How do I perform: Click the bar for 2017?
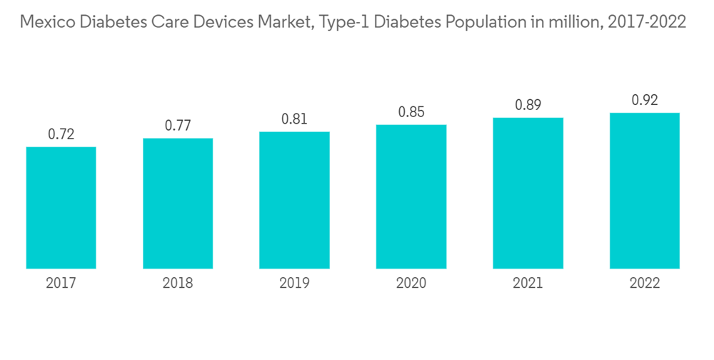tap(61, 208)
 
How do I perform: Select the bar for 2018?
tap(178, 204)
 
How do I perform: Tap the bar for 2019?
tap(294, 200)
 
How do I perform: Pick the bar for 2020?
tap(411, 197)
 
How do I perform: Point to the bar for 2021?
tap(528, 194)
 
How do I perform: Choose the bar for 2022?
tap(645, 191)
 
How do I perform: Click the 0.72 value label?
tap(61, 134)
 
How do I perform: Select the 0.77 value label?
tap(178, 125)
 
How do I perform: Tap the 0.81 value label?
tap(294, 119)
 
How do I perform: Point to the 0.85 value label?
tap(411, 111)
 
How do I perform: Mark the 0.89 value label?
tap(528, 105)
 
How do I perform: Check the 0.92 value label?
tap(645, 100)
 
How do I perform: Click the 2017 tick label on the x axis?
tap(61, 284)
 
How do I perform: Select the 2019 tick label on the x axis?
tap(294, 284)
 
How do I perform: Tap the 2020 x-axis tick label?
tap(411, 284)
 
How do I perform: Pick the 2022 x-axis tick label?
tap(645, 284)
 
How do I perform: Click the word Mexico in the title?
tap(46, 22)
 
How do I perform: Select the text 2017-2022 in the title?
tap(647, 22)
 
